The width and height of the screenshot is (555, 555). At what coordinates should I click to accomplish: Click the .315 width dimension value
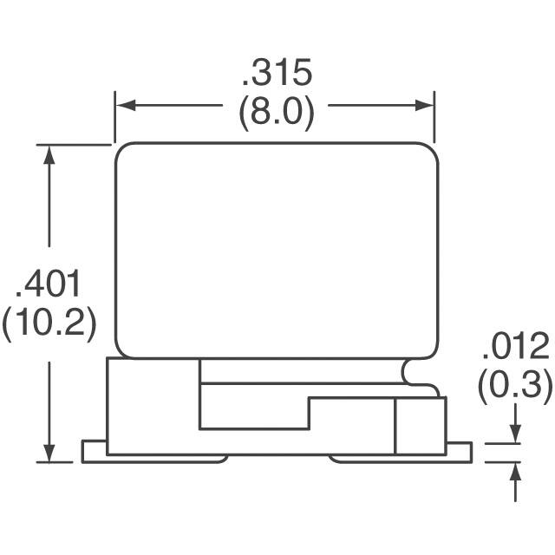point(277,73)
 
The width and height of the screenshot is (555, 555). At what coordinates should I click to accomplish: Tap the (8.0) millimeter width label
point(277,114)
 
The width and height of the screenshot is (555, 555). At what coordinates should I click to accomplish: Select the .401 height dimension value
point(49,284)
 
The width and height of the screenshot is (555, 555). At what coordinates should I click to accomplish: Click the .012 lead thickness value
point(516,346)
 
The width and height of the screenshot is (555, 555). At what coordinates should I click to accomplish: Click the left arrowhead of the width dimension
point(126,105)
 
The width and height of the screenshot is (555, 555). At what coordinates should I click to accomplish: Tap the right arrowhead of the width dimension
point(424,105)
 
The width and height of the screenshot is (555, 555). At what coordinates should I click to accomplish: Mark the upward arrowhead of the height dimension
point(49,154)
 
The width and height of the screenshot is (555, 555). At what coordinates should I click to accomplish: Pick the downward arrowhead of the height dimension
point(49,452)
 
